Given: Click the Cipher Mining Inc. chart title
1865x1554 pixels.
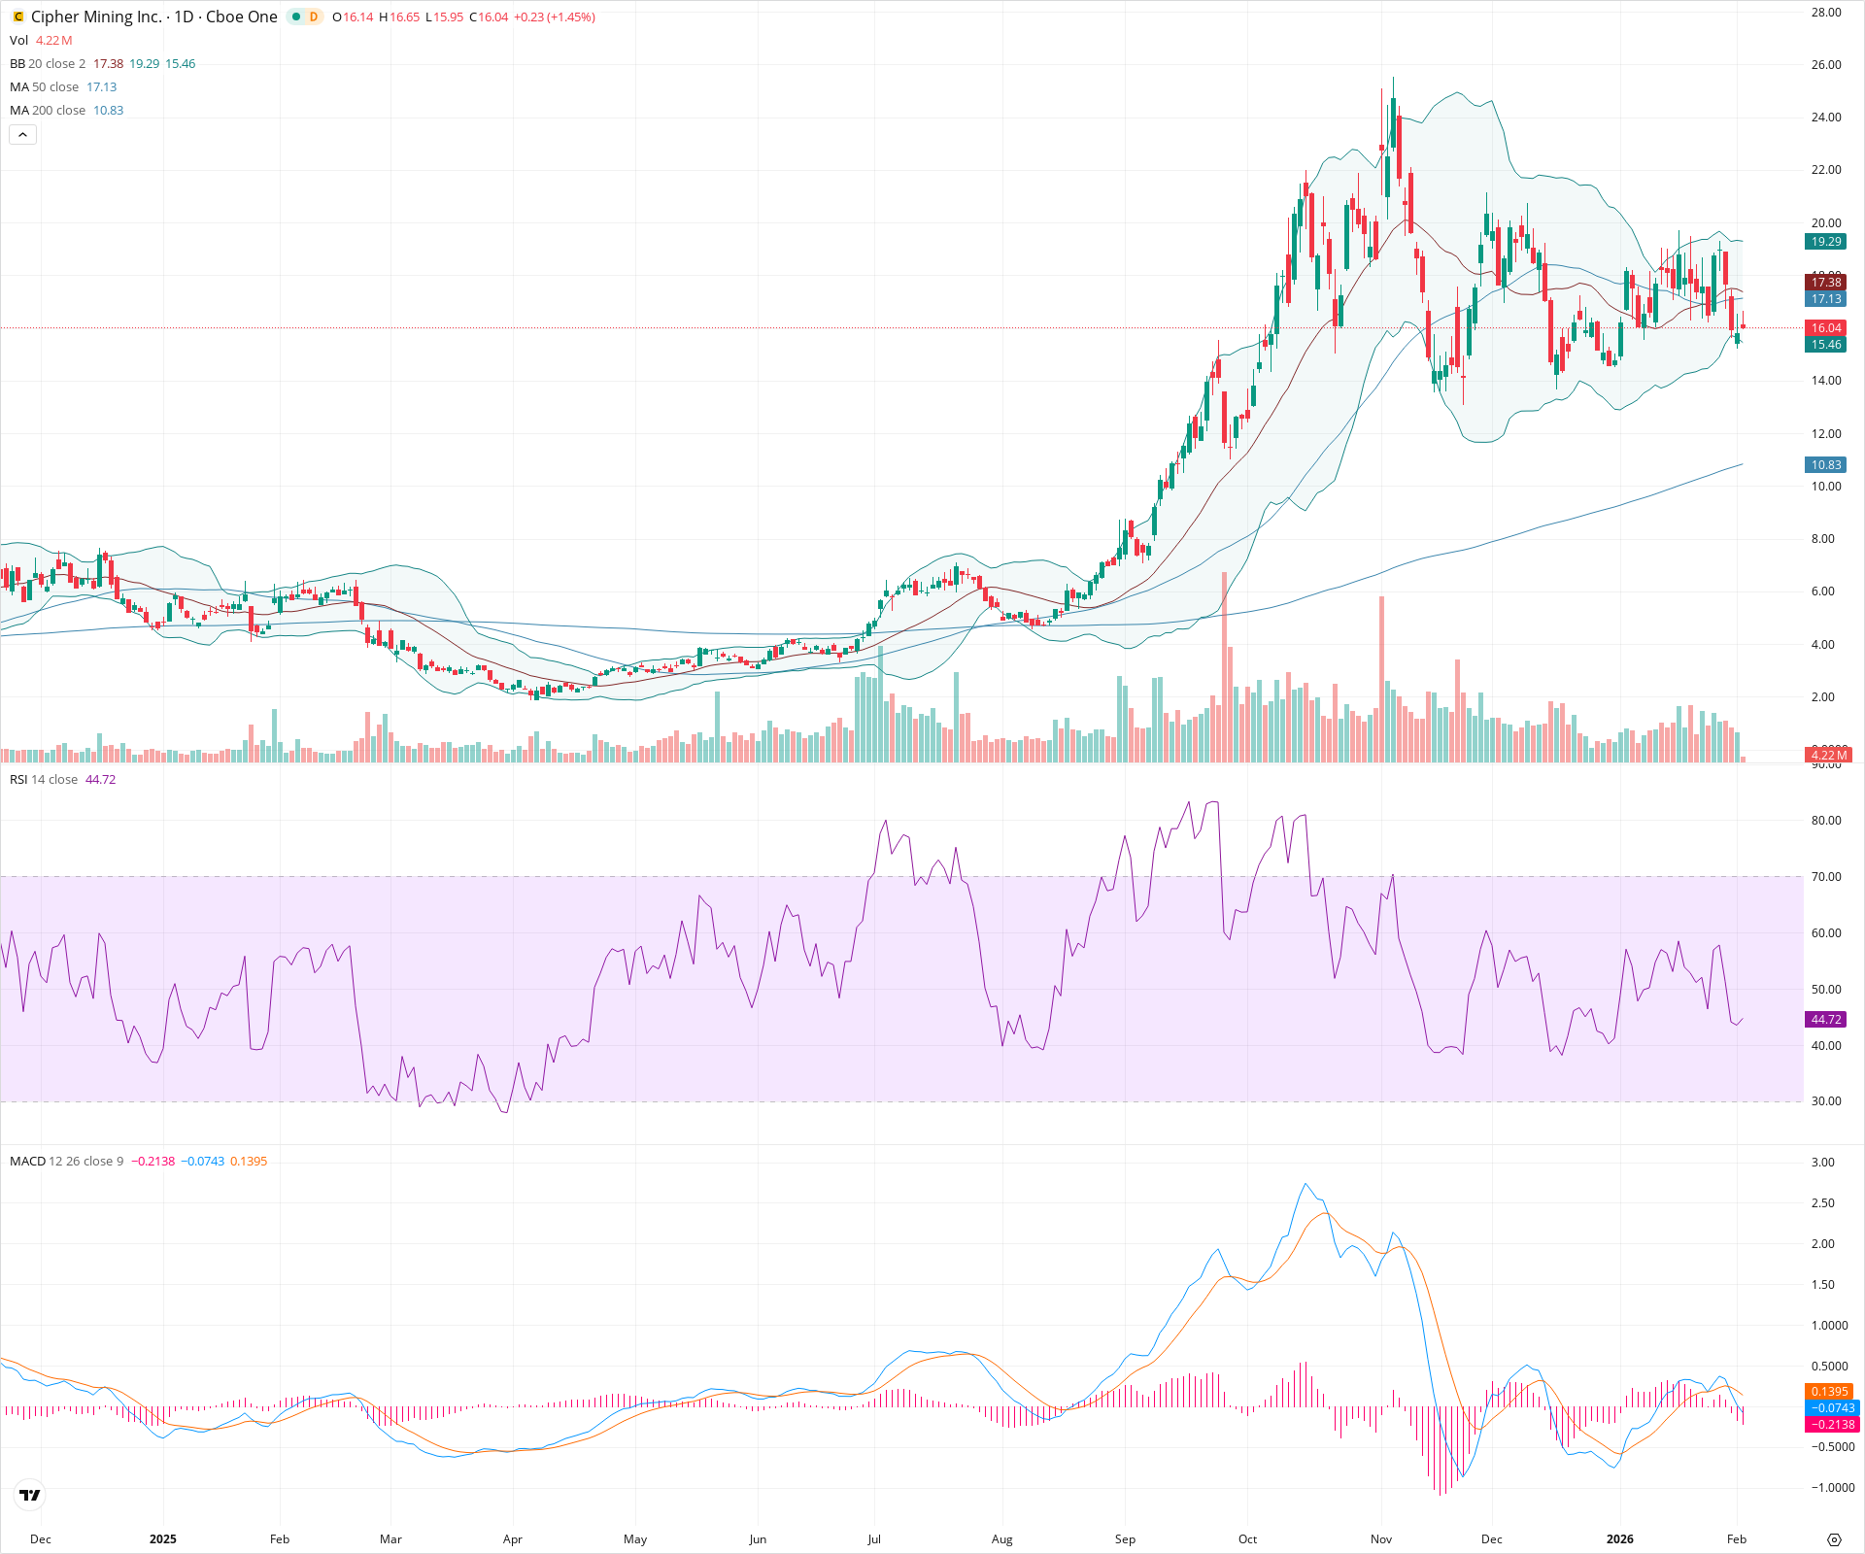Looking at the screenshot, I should (95, 17).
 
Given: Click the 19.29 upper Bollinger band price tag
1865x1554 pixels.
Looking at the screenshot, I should (1826, 242).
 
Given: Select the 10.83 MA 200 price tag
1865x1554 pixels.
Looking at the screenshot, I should (1826, 465).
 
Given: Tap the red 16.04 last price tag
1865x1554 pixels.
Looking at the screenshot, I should (1826, 328).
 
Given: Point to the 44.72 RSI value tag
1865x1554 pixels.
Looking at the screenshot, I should (1826, 1020).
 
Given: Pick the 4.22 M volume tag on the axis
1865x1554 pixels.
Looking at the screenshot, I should (1828, 755).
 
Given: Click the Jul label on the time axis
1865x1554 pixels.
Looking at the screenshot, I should (874, 1538).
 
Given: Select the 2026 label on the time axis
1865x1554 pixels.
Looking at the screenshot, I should (1619, 1538).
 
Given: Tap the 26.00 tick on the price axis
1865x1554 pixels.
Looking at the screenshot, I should (1826, 65).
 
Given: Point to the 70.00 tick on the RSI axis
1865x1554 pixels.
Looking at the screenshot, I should (1826, 877).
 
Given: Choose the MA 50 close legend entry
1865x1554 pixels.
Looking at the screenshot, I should (45, 87).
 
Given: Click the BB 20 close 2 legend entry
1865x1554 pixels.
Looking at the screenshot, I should (48, 64).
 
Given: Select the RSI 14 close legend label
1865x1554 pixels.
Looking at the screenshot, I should (44, 780).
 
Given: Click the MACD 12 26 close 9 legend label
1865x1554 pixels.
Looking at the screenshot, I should (66, 1162).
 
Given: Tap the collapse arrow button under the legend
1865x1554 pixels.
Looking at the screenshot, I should (22, 135).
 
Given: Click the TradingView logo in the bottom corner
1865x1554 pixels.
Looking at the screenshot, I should (30, 1495).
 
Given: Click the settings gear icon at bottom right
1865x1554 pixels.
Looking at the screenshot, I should (1834, 1539).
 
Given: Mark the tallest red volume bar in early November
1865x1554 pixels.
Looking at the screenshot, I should (1381, 680).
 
